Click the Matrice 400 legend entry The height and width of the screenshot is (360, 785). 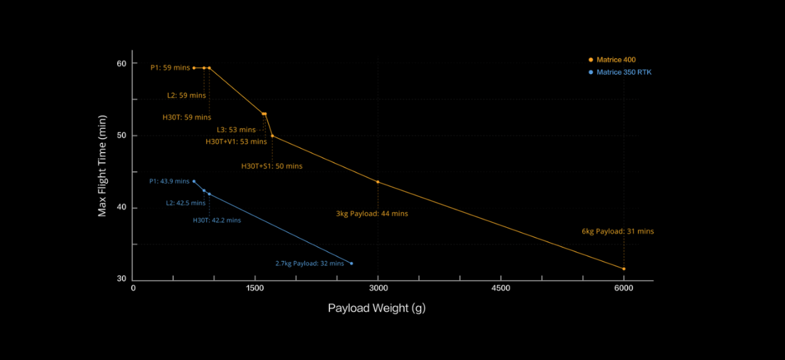[x=616, y=60]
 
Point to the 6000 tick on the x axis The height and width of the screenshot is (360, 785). [x=623, y=287]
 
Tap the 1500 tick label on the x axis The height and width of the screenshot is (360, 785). [x=255, y=287]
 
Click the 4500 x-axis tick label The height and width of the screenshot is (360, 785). [x=500, y=287]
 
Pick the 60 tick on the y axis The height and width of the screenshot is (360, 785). [x=122, y=63]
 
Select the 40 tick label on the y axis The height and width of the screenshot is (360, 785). [x=122, y=208]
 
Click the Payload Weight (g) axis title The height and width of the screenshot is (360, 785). [x=376, y=308]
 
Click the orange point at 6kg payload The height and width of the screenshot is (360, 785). [x=623, y=268]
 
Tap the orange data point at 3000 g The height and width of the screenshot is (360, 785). [x=378, y=181]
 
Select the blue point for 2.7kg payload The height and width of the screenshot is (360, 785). [x=351, y=263]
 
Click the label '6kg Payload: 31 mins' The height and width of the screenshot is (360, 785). [x=618, y=231]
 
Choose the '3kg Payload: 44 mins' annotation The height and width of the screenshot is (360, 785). [x=372, y=213]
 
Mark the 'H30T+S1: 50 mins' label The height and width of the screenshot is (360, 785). [x=272, y=166]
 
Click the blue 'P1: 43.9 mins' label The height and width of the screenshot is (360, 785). [x=169, y=181]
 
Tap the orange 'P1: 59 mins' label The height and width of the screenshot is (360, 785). [x=170, y=67]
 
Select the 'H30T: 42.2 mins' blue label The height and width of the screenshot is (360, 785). [x=217, y=221]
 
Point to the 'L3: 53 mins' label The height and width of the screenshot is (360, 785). [x=236, y=130]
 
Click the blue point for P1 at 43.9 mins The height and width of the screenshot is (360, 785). [x=194, y=181]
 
